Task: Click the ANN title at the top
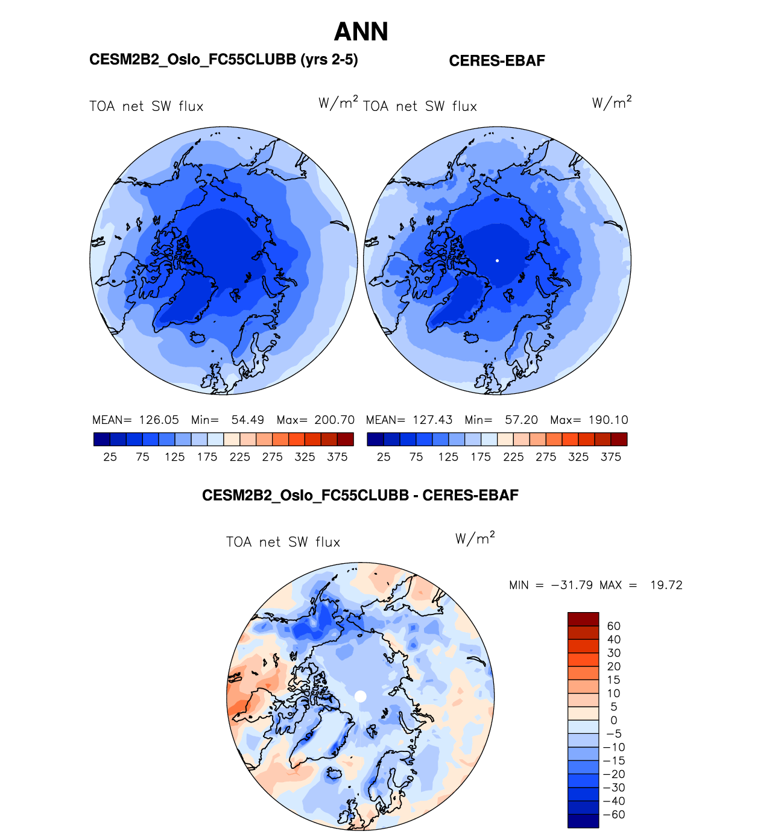click(361, 32)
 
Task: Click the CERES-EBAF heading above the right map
click(497, 61)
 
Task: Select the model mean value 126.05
click(159, 420)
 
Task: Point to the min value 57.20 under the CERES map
click(521, 420)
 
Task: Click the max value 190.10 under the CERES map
click(608, 420)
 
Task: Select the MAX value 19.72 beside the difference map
click(666, 585)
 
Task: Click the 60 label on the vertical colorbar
click(614, 626)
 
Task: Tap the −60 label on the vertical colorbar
click(614, 815)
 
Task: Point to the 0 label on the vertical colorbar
click(614, 720)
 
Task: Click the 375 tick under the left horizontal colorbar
click(337, 457)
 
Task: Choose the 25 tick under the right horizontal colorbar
click(384, 457)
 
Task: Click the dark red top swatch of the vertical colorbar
click(583, 619)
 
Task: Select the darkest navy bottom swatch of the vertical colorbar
click(583, 821)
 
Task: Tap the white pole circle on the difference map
click(361, 696)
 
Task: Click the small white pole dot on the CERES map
click(497, 261)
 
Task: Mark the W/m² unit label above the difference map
click(475, 538)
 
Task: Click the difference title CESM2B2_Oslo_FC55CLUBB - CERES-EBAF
click(360, 496)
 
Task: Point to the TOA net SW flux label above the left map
click(147, 107)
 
